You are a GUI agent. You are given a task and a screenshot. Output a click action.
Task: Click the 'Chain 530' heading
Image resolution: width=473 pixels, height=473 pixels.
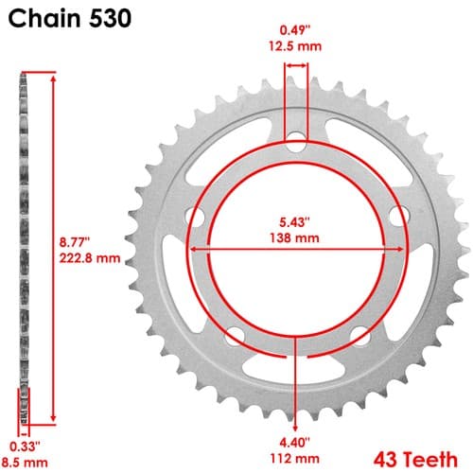69,18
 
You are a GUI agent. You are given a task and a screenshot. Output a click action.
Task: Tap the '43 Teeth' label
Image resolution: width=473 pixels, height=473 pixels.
415,460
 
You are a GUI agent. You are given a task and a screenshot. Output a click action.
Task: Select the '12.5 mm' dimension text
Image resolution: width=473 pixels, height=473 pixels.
295,46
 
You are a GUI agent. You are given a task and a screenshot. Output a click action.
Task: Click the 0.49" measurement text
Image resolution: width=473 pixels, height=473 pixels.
295,30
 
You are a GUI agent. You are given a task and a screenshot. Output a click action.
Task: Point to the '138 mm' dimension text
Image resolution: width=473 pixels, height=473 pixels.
294,237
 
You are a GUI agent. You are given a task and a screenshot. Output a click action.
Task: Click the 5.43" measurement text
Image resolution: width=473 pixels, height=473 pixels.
294,222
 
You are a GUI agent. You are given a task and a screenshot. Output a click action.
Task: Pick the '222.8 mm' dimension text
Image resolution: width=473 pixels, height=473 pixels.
90,258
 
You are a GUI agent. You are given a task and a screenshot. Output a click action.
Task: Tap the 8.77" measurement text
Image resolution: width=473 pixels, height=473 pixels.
75,242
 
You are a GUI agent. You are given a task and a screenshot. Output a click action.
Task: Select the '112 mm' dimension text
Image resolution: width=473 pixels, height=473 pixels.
294,458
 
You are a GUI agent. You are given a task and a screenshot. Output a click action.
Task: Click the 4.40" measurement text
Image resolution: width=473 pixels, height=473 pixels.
294,443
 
